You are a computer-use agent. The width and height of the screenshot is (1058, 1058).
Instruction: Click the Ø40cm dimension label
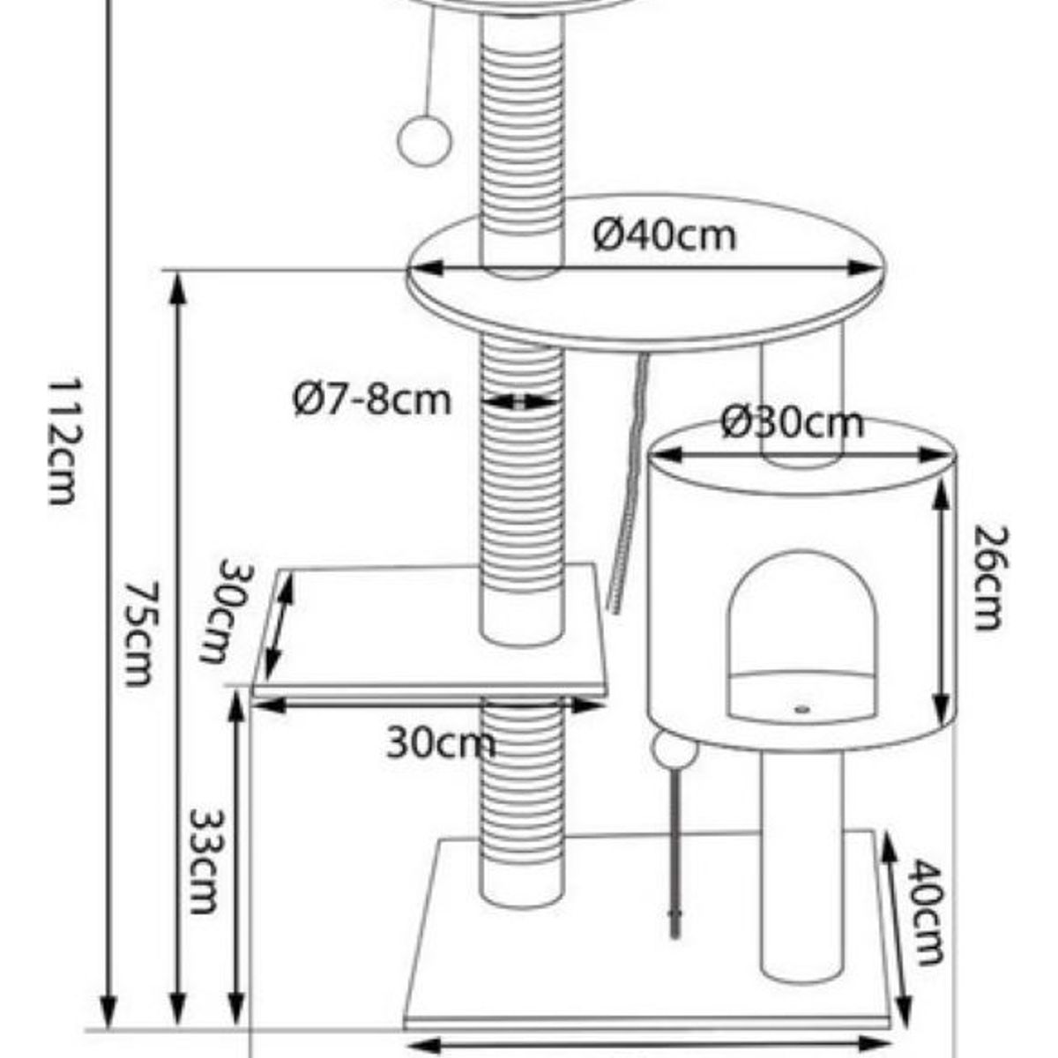click(665, 236)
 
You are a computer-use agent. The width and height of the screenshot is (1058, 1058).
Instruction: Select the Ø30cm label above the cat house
click(793, 423)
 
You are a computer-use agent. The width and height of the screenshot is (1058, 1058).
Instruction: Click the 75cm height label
click(140, 634)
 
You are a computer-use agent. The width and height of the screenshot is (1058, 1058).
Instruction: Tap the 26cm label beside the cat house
click(992, 578)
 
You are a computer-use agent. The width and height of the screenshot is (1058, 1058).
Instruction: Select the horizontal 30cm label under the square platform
click(441, 743)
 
